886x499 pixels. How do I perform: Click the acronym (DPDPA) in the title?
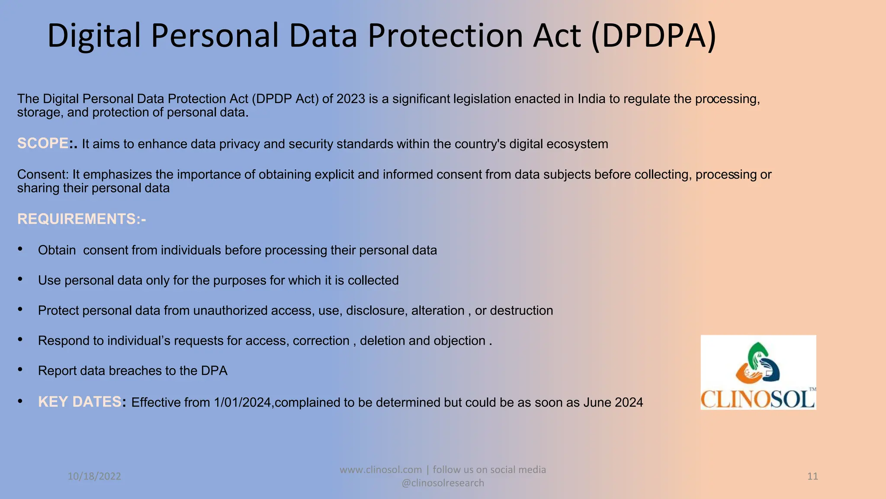pyautogui.click(x=653, y=36)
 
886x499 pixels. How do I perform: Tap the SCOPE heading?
pyautogui.click(x=42, y=143)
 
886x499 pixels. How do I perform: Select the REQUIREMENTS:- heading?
pyautogui.click(x=81, y=219)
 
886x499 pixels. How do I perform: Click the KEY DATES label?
pyautogui.click(x=80, y=402)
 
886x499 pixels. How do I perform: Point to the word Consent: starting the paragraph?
pyautogui.click(x=43, y=175)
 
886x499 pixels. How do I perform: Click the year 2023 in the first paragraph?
pyautogui.click(x=351, y=99)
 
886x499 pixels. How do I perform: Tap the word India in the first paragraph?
pyautogui.click(x=591, y=99)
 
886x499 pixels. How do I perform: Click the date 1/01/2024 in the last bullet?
pyautogui.click(x=242, y=402)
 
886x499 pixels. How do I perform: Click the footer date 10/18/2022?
pyautogui.click(x=94, y=476)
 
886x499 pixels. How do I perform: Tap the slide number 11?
pyautogui.click(x=812, y=476)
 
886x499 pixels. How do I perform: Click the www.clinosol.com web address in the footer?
pyautogui.click(x=380, y=470)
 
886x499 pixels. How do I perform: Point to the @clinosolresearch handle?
pyautogui.click(x=443, y=483)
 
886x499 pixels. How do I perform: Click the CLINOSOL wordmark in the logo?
pyautogui.click(x=758, y=399)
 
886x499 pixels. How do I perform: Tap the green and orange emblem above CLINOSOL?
pyautogui.click(x=758, y=362)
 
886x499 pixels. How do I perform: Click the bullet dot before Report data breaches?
pyautogui.click(x=20, y=369)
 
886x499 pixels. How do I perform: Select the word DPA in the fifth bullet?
pyautogui.click(x=214, y=371)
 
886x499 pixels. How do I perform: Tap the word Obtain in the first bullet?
pyautogui.click(x=57, y=250)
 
